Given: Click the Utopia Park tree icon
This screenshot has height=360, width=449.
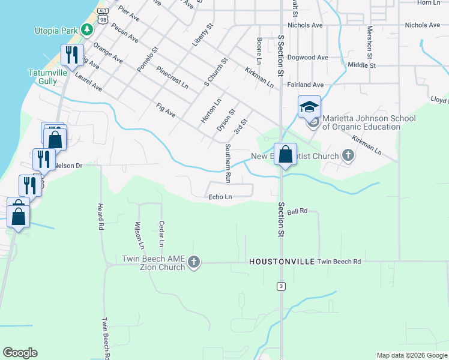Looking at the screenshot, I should (x=87, y=29).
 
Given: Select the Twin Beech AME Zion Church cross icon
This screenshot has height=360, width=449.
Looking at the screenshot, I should (x=193, y=262).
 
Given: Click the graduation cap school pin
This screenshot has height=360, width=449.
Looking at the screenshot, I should (x=309, y=107).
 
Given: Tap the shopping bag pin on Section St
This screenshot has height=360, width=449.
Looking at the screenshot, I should (x=286, y=154).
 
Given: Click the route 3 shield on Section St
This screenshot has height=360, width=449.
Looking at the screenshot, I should (x=280, y=286).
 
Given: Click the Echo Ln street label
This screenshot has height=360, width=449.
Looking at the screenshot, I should (x=220, y=197).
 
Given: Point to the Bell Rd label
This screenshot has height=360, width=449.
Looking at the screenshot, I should (x=297, y=211).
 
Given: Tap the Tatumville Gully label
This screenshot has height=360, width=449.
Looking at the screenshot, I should (x=43, y=76).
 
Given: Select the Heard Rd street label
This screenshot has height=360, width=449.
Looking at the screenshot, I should (x=100, y=217).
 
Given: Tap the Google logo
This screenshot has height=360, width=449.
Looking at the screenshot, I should (x=20, y=353).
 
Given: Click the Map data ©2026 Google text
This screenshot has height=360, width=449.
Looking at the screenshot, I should (x=412, y=355).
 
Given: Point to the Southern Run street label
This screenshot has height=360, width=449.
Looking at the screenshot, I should (x=228, y=163).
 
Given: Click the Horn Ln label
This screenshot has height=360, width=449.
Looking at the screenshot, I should (x=428, y=3).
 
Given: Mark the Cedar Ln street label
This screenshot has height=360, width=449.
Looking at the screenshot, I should (x=161, y=234).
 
